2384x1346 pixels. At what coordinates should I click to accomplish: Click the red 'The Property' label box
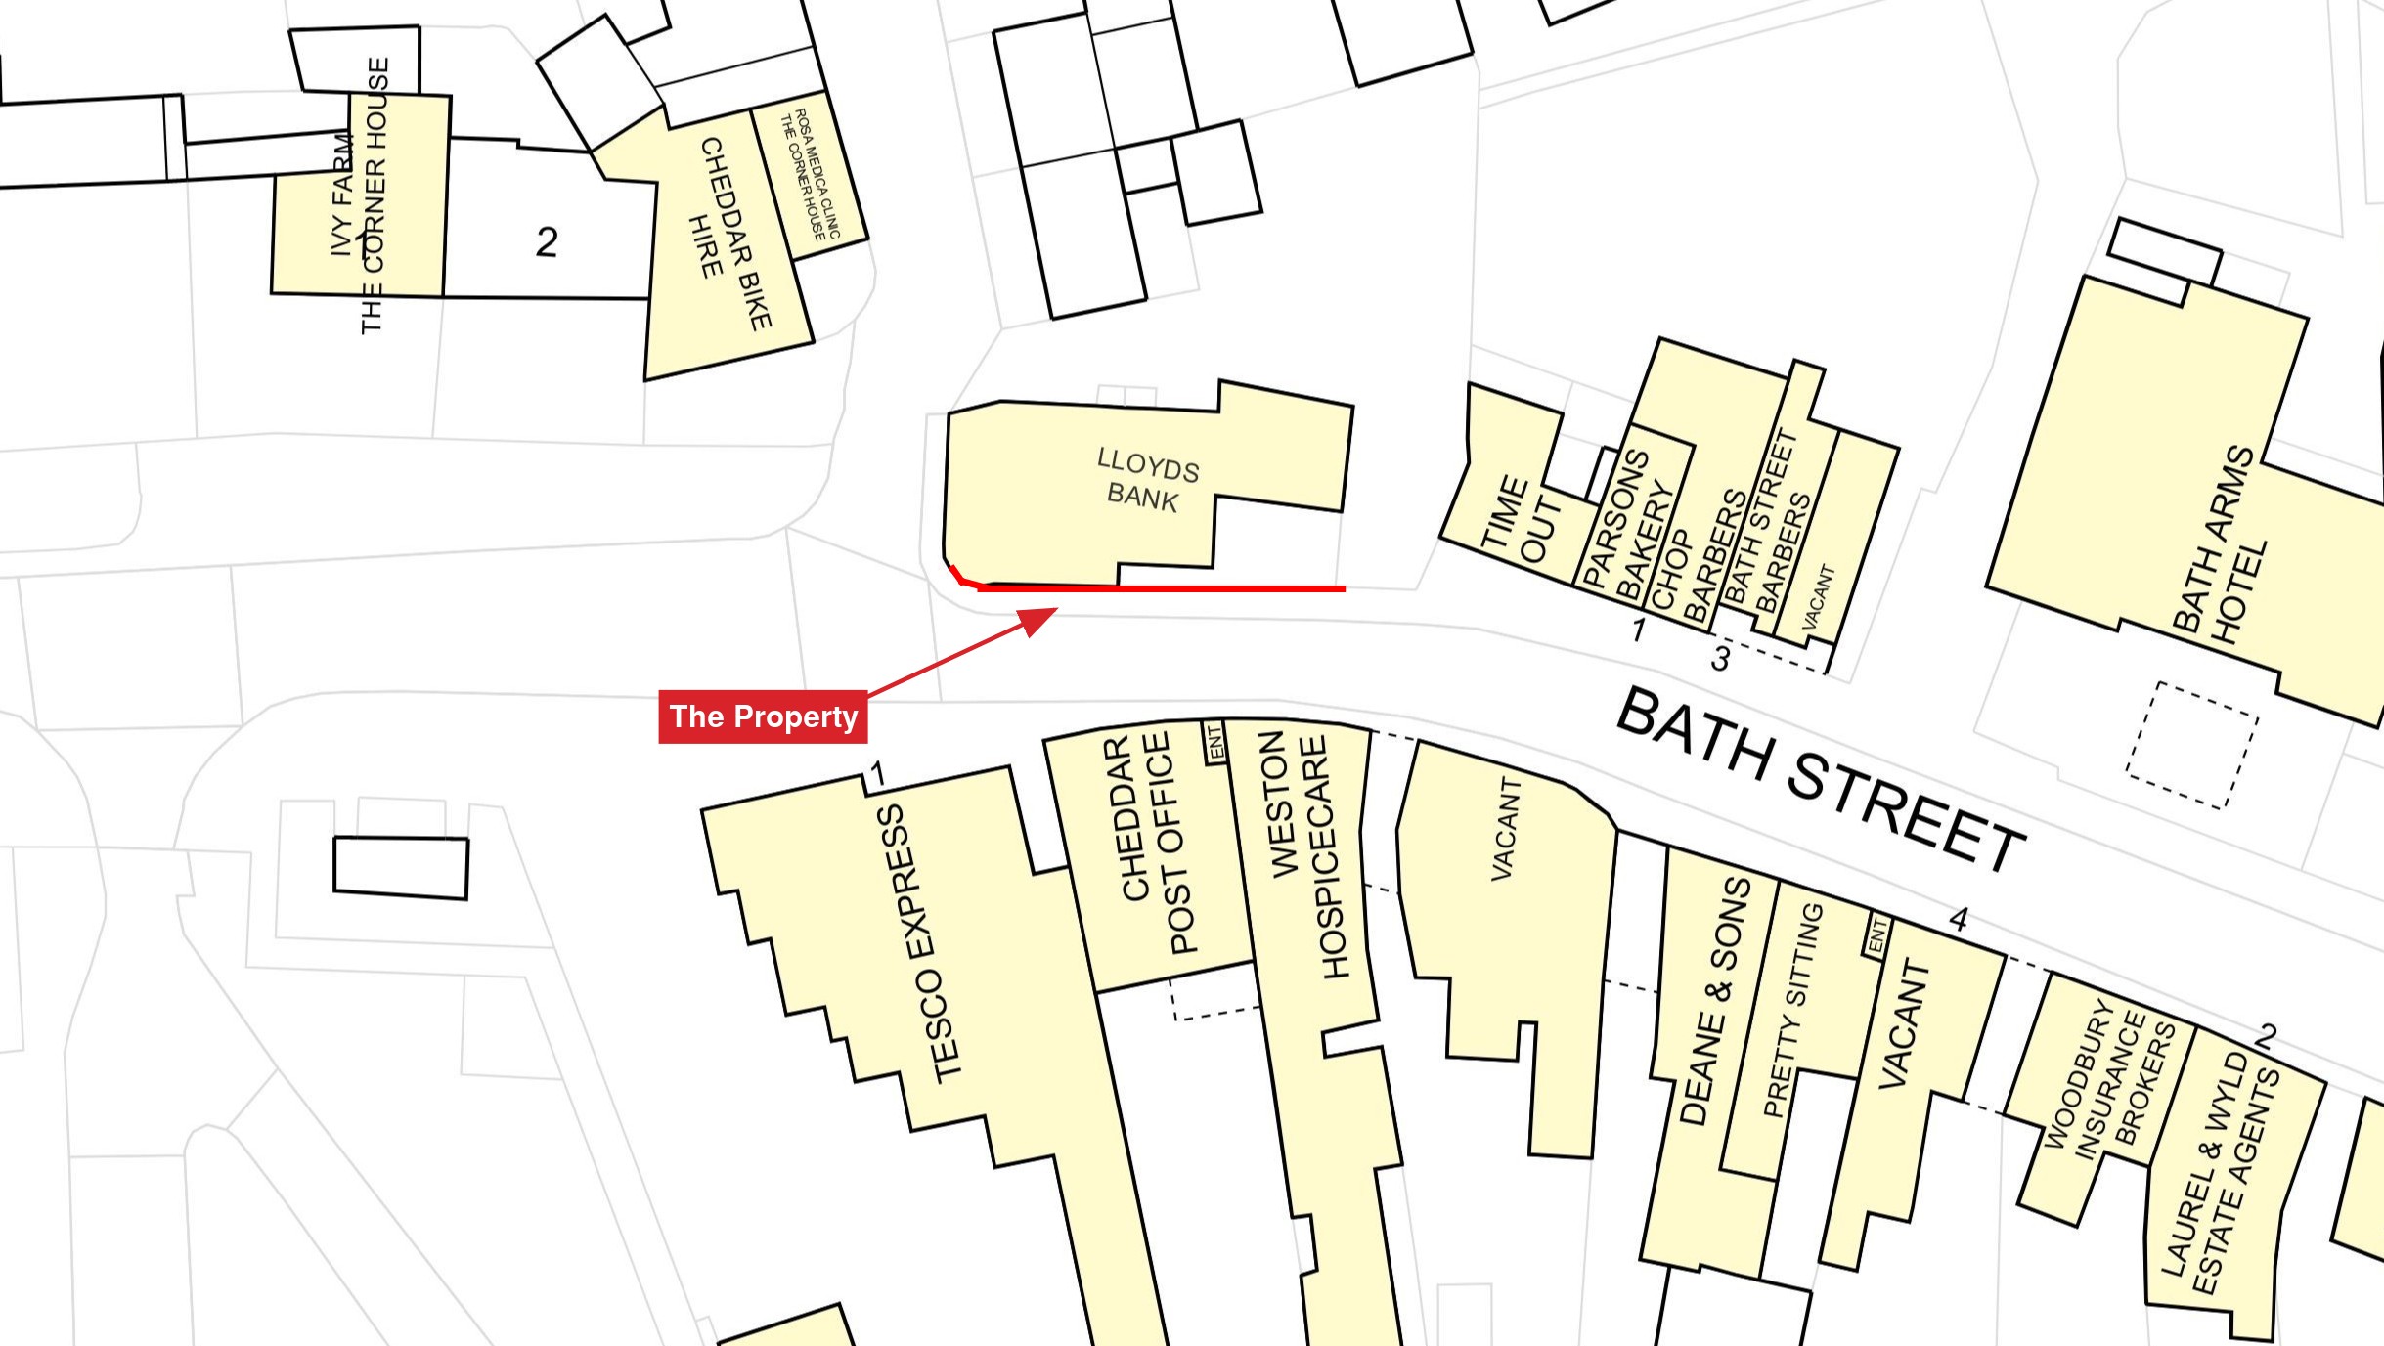click(x=763, y=716)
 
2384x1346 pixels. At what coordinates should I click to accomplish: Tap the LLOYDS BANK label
click(x=1145, y=480)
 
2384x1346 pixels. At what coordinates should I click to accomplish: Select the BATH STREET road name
click(x=1821, y=779)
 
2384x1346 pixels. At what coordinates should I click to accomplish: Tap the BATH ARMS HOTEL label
click(x=2218, y=546)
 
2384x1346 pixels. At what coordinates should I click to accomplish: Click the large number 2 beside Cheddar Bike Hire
click(x=547, y=241)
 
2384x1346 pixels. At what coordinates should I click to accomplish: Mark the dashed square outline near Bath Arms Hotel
click(x=2191, y=746)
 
